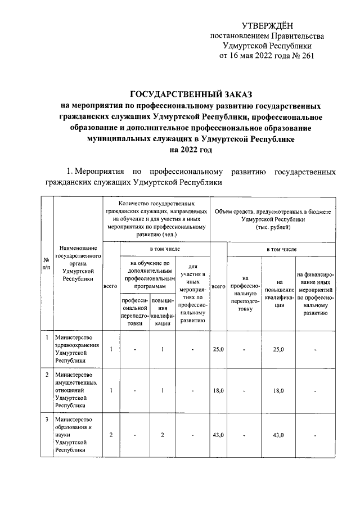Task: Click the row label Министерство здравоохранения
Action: pos(77,349)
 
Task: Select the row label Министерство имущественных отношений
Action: pos(77,390)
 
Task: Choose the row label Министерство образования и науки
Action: pos(77,435)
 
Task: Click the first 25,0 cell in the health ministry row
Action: pos(218,349)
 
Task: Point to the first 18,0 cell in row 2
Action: pos(218,390)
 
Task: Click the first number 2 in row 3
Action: pos(111,435)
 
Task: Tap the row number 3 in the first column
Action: pos(46,420)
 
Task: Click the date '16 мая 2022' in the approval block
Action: pos(256,56)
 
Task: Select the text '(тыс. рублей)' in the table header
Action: pos(273,228)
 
